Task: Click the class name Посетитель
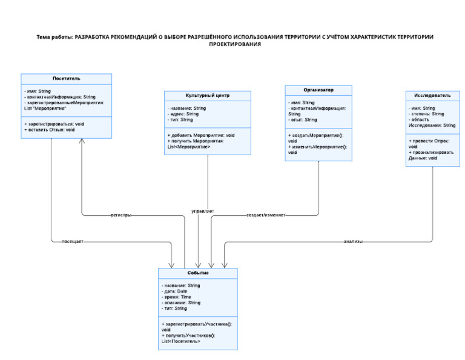[67, 79]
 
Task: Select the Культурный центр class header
[208, 96]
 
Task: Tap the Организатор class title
[318, 90]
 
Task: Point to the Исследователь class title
[432, 95]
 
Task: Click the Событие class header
[198, 273]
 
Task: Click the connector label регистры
[121, 215]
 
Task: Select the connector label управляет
[202, 211]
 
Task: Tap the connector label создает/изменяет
[266, 215]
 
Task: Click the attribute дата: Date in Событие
[176, 292]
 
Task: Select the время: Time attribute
[177, 297]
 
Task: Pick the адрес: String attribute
[184, 113]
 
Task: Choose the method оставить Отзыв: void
[50, 130]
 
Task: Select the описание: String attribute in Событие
[182, 302]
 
